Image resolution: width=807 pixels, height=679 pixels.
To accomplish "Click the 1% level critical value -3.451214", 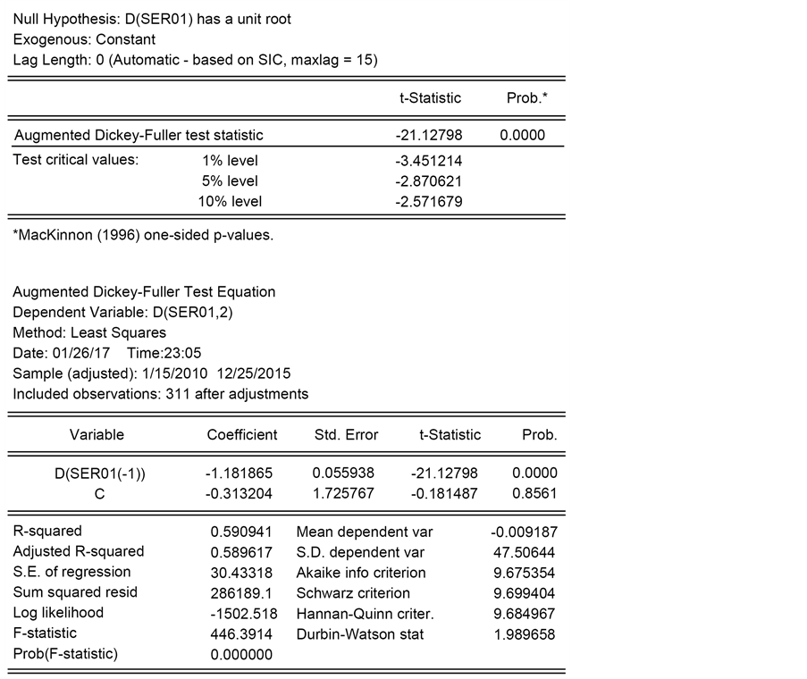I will (428, 161).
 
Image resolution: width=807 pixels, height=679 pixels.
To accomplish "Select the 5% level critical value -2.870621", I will (428, 181).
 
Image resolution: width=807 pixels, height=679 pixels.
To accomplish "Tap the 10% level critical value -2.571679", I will (428, 202).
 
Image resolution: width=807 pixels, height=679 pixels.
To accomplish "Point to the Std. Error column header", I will (346, 435).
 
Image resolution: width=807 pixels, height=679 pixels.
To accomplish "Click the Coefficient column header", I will (242, 435).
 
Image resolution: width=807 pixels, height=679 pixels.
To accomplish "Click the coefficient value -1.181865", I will (240, 474).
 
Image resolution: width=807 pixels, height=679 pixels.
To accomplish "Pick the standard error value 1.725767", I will (344, 493).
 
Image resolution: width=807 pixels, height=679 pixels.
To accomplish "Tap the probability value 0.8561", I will (534, 493).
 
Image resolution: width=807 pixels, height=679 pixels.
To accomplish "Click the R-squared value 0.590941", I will (241, 532).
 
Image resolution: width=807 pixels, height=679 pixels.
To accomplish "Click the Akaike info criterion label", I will (361, 573).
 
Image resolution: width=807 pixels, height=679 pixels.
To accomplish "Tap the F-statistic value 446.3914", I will (241, 634).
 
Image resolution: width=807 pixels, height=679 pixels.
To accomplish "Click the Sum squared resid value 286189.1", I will (241, 593).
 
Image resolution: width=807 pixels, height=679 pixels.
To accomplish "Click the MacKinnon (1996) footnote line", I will (143, 237).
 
